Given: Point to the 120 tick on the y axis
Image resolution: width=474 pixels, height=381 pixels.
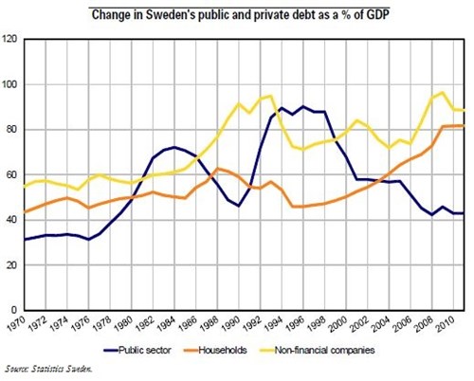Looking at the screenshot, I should click(10, 39).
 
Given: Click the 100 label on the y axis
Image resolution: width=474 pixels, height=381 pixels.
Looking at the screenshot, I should click(10, 84).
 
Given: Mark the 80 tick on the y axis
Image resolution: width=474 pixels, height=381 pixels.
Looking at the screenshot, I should click(11, 129).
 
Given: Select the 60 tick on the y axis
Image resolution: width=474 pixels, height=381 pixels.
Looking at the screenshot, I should click(11, 174).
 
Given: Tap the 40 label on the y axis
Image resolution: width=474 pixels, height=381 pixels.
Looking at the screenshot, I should click(11, 219).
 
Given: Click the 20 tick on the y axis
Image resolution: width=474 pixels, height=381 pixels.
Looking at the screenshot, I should click(11, 264).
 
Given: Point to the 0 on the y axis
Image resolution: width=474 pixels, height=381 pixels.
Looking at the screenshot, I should click(14, 309).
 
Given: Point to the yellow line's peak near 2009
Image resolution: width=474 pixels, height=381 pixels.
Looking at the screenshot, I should click(442, 92).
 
